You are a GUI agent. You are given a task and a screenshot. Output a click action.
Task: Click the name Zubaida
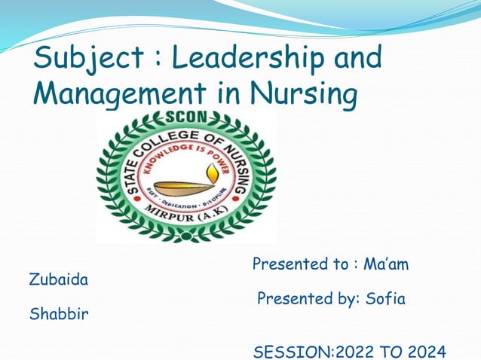pyautogui.click(x=58, y=280)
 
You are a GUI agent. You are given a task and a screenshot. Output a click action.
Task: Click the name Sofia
pyautogui.click(x=385, y=299)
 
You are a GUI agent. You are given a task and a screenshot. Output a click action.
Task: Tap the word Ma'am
pyautogui.click(x=386, y=265)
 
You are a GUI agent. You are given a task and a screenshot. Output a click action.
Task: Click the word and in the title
pyautogui.click(x=354, y=59)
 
